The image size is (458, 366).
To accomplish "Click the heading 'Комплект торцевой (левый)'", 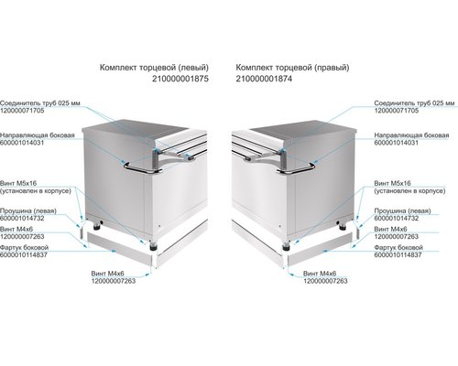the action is [154, 68].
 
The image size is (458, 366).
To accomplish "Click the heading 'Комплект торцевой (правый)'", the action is [292, 68].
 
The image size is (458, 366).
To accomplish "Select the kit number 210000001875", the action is [180, 79].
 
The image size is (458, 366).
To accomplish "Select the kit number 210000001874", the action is [264, 79].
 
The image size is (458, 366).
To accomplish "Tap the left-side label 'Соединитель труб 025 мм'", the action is [40, 103].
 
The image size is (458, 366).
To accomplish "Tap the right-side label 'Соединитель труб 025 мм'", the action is [414, 103].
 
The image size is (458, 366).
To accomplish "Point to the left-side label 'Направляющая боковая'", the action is [38, 135].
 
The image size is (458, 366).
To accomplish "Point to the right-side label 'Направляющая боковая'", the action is [411, 135].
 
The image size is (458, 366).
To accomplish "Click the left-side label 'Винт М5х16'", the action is [18, 183].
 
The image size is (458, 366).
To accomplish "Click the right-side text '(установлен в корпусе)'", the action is [409, 191].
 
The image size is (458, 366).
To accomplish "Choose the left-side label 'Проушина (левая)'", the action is [28, 210].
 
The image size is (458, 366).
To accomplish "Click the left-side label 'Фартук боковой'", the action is [25, 247].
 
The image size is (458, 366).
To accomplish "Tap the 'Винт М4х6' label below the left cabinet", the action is [107, 274].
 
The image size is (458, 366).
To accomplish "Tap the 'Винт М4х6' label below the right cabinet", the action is [320, 274].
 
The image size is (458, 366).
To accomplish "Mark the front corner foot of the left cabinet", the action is [153, 246].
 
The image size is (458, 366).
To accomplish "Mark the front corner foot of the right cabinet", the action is [286, 246].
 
